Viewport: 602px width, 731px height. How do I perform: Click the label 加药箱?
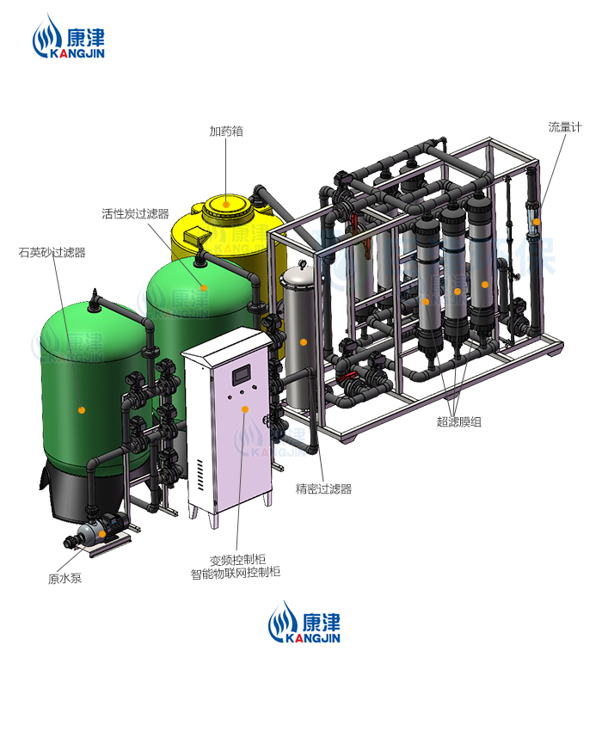(226, 132)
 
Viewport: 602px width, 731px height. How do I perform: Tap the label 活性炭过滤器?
(135, 213)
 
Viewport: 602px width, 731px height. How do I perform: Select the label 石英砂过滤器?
(52, 252)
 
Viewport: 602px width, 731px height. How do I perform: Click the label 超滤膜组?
(457, 421)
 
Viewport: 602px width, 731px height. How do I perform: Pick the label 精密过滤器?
(323, 489)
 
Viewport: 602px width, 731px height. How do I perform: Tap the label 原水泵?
(64, 579)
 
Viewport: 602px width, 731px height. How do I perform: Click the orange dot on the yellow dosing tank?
(226, 204)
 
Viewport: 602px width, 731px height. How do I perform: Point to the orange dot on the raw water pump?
(102, 534)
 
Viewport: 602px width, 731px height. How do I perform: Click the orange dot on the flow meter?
(535, 222)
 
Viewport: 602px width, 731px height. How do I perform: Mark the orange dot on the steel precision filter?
(303, 342)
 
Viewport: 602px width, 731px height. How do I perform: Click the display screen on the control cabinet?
(242, 373)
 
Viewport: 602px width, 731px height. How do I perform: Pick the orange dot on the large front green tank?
(83, 410)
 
